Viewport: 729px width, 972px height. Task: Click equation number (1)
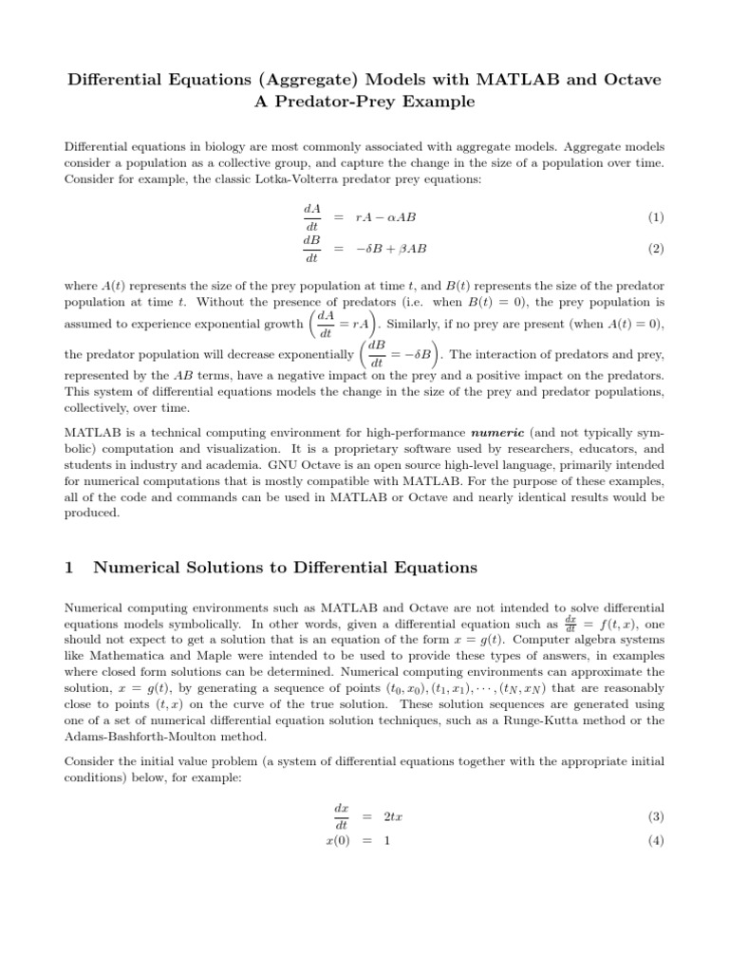pos(655,217)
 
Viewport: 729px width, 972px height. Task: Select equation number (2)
pos(655,249)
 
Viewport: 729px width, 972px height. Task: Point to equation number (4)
pos(655,841)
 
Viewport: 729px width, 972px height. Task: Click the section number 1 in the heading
pos(68,568)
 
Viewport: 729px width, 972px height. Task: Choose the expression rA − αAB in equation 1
pos(385,217)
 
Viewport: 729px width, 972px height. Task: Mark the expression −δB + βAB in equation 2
pos(391,249)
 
